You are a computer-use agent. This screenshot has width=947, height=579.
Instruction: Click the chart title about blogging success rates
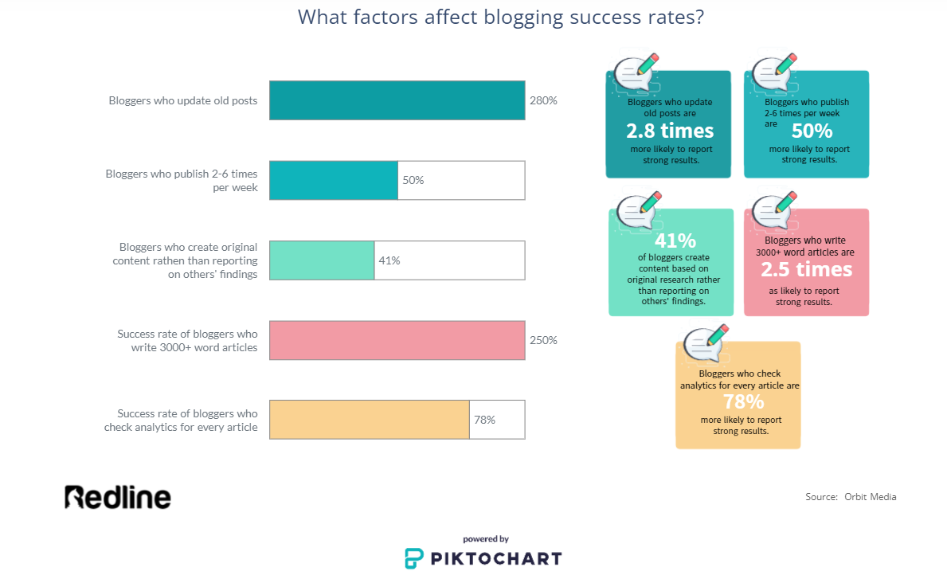pos(501,18)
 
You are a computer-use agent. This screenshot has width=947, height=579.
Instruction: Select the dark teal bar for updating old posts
pos(397,100)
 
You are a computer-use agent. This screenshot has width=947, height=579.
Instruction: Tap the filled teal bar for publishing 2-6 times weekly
pos(334,180)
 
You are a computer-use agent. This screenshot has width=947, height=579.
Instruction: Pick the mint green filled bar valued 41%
pos(322,260)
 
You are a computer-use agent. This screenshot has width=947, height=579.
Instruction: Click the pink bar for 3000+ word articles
pos(397,340)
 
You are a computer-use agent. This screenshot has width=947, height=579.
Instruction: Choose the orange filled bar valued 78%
pos(369,420)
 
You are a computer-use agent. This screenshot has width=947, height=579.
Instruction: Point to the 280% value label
pos(543,101)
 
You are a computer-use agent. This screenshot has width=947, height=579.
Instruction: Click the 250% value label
pos(543,341)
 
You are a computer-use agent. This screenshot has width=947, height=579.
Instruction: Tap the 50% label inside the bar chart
pos(413,181)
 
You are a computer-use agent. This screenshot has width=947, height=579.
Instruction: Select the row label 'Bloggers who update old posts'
pos(183,101)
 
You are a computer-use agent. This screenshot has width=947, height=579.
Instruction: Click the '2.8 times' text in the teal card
pos(670,131)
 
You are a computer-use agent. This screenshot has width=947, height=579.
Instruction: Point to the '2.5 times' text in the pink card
pos(806,269)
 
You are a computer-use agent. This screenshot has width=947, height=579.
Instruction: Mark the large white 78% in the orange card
pos(743,401)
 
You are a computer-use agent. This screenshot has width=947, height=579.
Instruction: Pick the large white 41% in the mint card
pos(675,241)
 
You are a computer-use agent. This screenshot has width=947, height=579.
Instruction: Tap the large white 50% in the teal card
pos(812,131)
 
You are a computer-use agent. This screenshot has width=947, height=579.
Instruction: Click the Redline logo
pos(118,497)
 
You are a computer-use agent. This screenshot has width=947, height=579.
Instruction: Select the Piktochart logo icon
pos(413,558)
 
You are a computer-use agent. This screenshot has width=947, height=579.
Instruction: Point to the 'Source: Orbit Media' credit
pos(851,497)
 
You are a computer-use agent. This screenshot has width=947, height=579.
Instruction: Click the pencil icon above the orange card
pos(716,335)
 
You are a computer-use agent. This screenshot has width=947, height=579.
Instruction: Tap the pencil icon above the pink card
pos(785,202)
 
